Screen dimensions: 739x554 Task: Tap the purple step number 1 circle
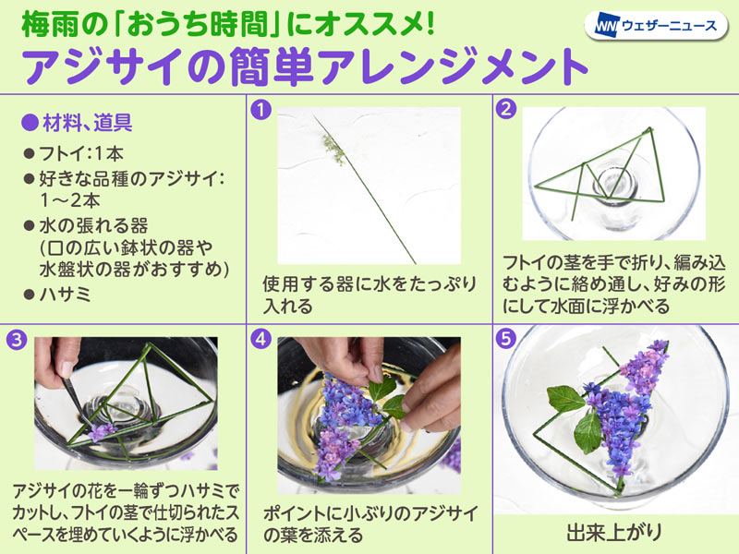pos(260,110)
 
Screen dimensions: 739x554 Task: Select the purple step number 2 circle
pos(506,110)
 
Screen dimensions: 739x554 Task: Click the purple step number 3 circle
pos(17,339)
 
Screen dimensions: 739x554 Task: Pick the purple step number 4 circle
pos(260,339)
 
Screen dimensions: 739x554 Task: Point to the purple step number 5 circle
pos(506,339)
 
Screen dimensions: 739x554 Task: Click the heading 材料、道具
pos(87,123)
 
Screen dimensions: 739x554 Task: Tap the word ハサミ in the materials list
pos(65,294)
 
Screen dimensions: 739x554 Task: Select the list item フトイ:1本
pos(81,153)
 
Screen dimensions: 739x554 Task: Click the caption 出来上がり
pos(614,532)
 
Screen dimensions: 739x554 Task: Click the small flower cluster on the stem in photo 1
pos(333,150)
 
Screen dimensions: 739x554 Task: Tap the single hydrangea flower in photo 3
pos(102,431)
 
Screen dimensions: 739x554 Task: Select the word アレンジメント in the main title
pos(451,66)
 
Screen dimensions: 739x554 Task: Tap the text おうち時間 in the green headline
pos(200,25)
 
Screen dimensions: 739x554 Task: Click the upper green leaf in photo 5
pos(565,398)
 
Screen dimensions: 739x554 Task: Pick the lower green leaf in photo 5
pos(588,433)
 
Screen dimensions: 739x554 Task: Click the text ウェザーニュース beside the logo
pos(669,26)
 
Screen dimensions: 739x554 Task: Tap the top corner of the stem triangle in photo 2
pos(651,128)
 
